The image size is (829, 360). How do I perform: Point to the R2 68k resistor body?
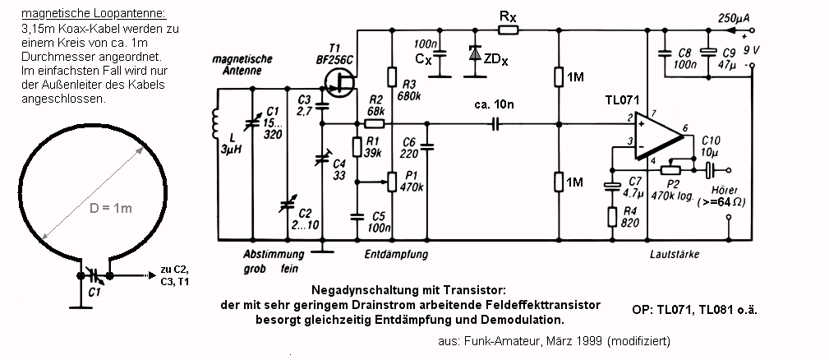pos(375,123)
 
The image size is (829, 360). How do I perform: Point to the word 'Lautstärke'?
pos(674,255)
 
